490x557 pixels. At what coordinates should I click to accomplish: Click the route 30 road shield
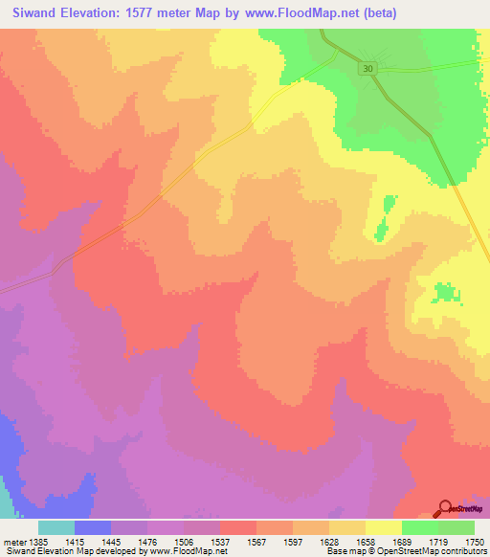(x=368, y=68)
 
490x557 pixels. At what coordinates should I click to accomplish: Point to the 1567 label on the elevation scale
(x=256, y=541)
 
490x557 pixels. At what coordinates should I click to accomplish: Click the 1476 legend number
(x=147, y=541)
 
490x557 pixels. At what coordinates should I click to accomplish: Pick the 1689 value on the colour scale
(x=401, y=541)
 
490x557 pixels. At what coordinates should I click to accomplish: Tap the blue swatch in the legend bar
(x=93, y=527)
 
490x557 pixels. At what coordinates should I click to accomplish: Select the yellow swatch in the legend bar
(x=383, y=527)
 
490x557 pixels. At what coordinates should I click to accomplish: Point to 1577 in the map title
(x=165, y=13)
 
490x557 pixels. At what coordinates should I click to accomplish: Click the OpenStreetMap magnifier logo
(x=445, y=508)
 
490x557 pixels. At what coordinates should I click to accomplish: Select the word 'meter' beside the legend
(x=12, y=541)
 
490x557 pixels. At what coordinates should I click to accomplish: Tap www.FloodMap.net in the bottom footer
(x=187, y=551)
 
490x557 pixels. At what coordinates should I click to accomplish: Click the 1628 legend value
(x=328, y=541)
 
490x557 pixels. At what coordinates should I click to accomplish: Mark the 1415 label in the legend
(x=75, y=541)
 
